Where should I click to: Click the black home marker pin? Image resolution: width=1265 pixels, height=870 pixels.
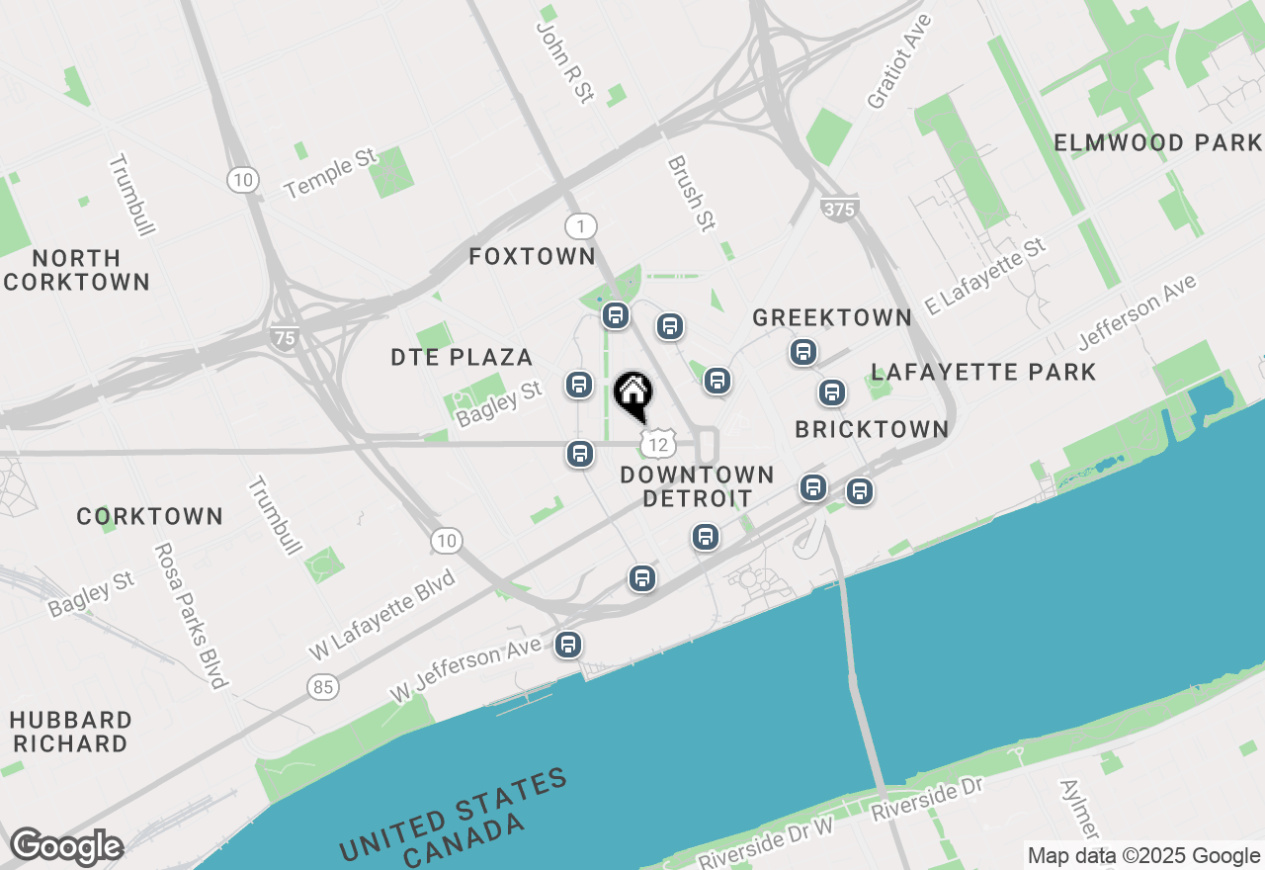(632, 393)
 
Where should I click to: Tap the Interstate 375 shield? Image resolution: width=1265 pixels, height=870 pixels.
(838, 208)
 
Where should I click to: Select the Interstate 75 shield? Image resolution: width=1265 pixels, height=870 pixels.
(285, 337)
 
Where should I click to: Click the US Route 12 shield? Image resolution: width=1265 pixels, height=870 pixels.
(657, 444)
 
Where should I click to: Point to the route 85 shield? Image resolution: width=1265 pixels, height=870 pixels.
(322, 685)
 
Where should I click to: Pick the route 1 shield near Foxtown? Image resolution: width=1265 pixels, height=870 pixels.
(580, 226)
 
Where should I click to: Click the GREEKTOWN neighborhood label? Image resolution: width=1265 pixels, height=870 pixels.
(831, 317)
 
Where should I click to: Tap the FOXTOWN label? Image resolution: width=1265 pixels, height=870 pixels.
(532, 257)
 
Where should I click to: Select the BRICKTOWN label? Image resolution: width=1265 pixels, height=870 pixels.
(872, 429)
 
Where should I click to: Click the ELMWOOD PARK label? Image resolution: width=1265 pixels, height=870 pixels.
(1157, 142)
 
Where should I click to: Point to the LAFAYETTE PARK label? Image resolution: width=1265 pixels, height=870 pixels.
(983, 372)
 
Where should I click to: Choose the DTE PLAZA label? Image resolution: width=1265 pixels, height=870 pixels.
(462, 357)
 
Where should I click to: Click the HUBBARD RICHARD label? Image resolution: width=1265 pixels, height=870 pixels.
(71, 731)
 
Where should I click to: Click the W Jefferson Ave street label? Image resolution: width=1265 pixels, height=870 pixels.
(466, 668)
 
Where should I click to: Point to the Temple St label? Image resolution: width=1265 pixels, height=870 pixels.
(331, 173)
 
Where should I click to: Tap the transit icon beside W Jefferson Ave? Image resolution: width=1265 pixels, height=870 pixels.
(567, 645)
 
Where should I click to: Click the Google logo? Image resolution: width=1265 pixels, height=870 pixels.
(65, 847)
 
